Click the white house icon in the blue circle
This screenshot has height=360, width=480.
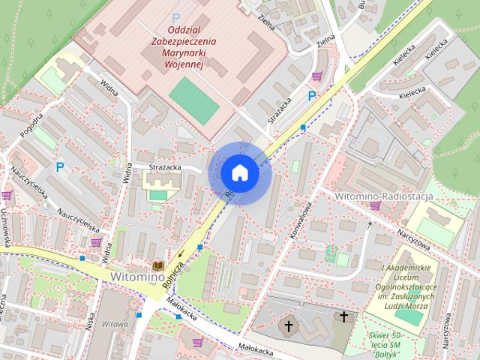point(239,172)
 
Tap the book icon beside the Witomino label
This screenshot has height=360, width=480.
point(158,265)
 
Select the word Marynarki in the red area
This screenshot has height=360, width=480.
point(182,53)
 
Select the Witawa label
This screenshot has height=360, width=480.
point(115,325)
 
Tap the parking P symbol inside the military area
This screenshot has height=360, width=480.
point(176,17)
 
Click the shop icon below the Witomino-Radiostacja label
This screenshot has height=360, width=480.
point(375,206)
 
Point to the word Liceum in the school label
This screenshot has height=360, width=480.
point(404,277)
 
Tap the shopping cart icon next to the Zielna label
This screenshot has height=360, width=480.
point(317,76)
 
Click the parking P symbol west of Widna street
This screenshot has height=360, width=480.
point(59,168)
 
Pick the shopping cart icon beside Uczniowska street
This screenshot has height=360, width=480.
point(7,196)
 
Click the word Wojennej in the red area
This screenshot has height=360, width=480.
point(183,65)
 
